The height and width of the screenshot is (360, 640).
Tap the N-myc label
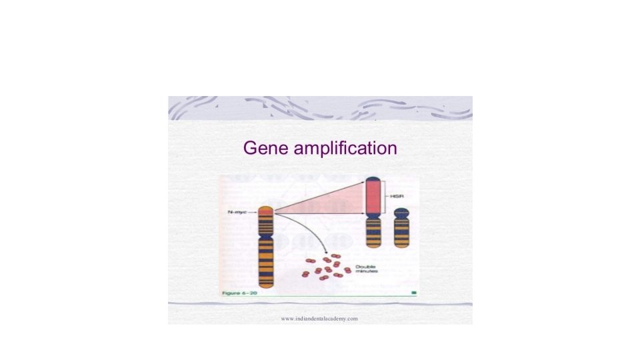click(235, 213)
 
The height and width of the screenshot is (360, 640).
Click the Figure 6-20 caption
click(238, 293)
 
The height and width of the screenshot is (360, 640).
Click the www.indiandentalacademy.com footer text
click(319, 319)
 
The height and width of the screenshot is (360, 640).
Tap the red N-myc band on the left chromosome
click(265, 213)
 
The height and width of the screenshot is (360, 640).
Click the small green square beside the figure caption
click(414, 293)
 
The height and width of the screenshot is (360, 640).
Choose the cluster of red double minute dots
click(325, 267)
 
